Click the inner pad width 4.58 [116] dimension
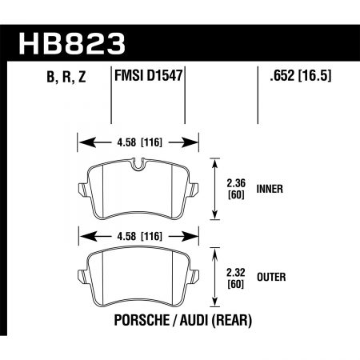click(138, 146)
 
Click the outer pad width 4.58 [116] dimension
click(138, 236)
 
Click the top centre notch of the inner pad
click(138, 166)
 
